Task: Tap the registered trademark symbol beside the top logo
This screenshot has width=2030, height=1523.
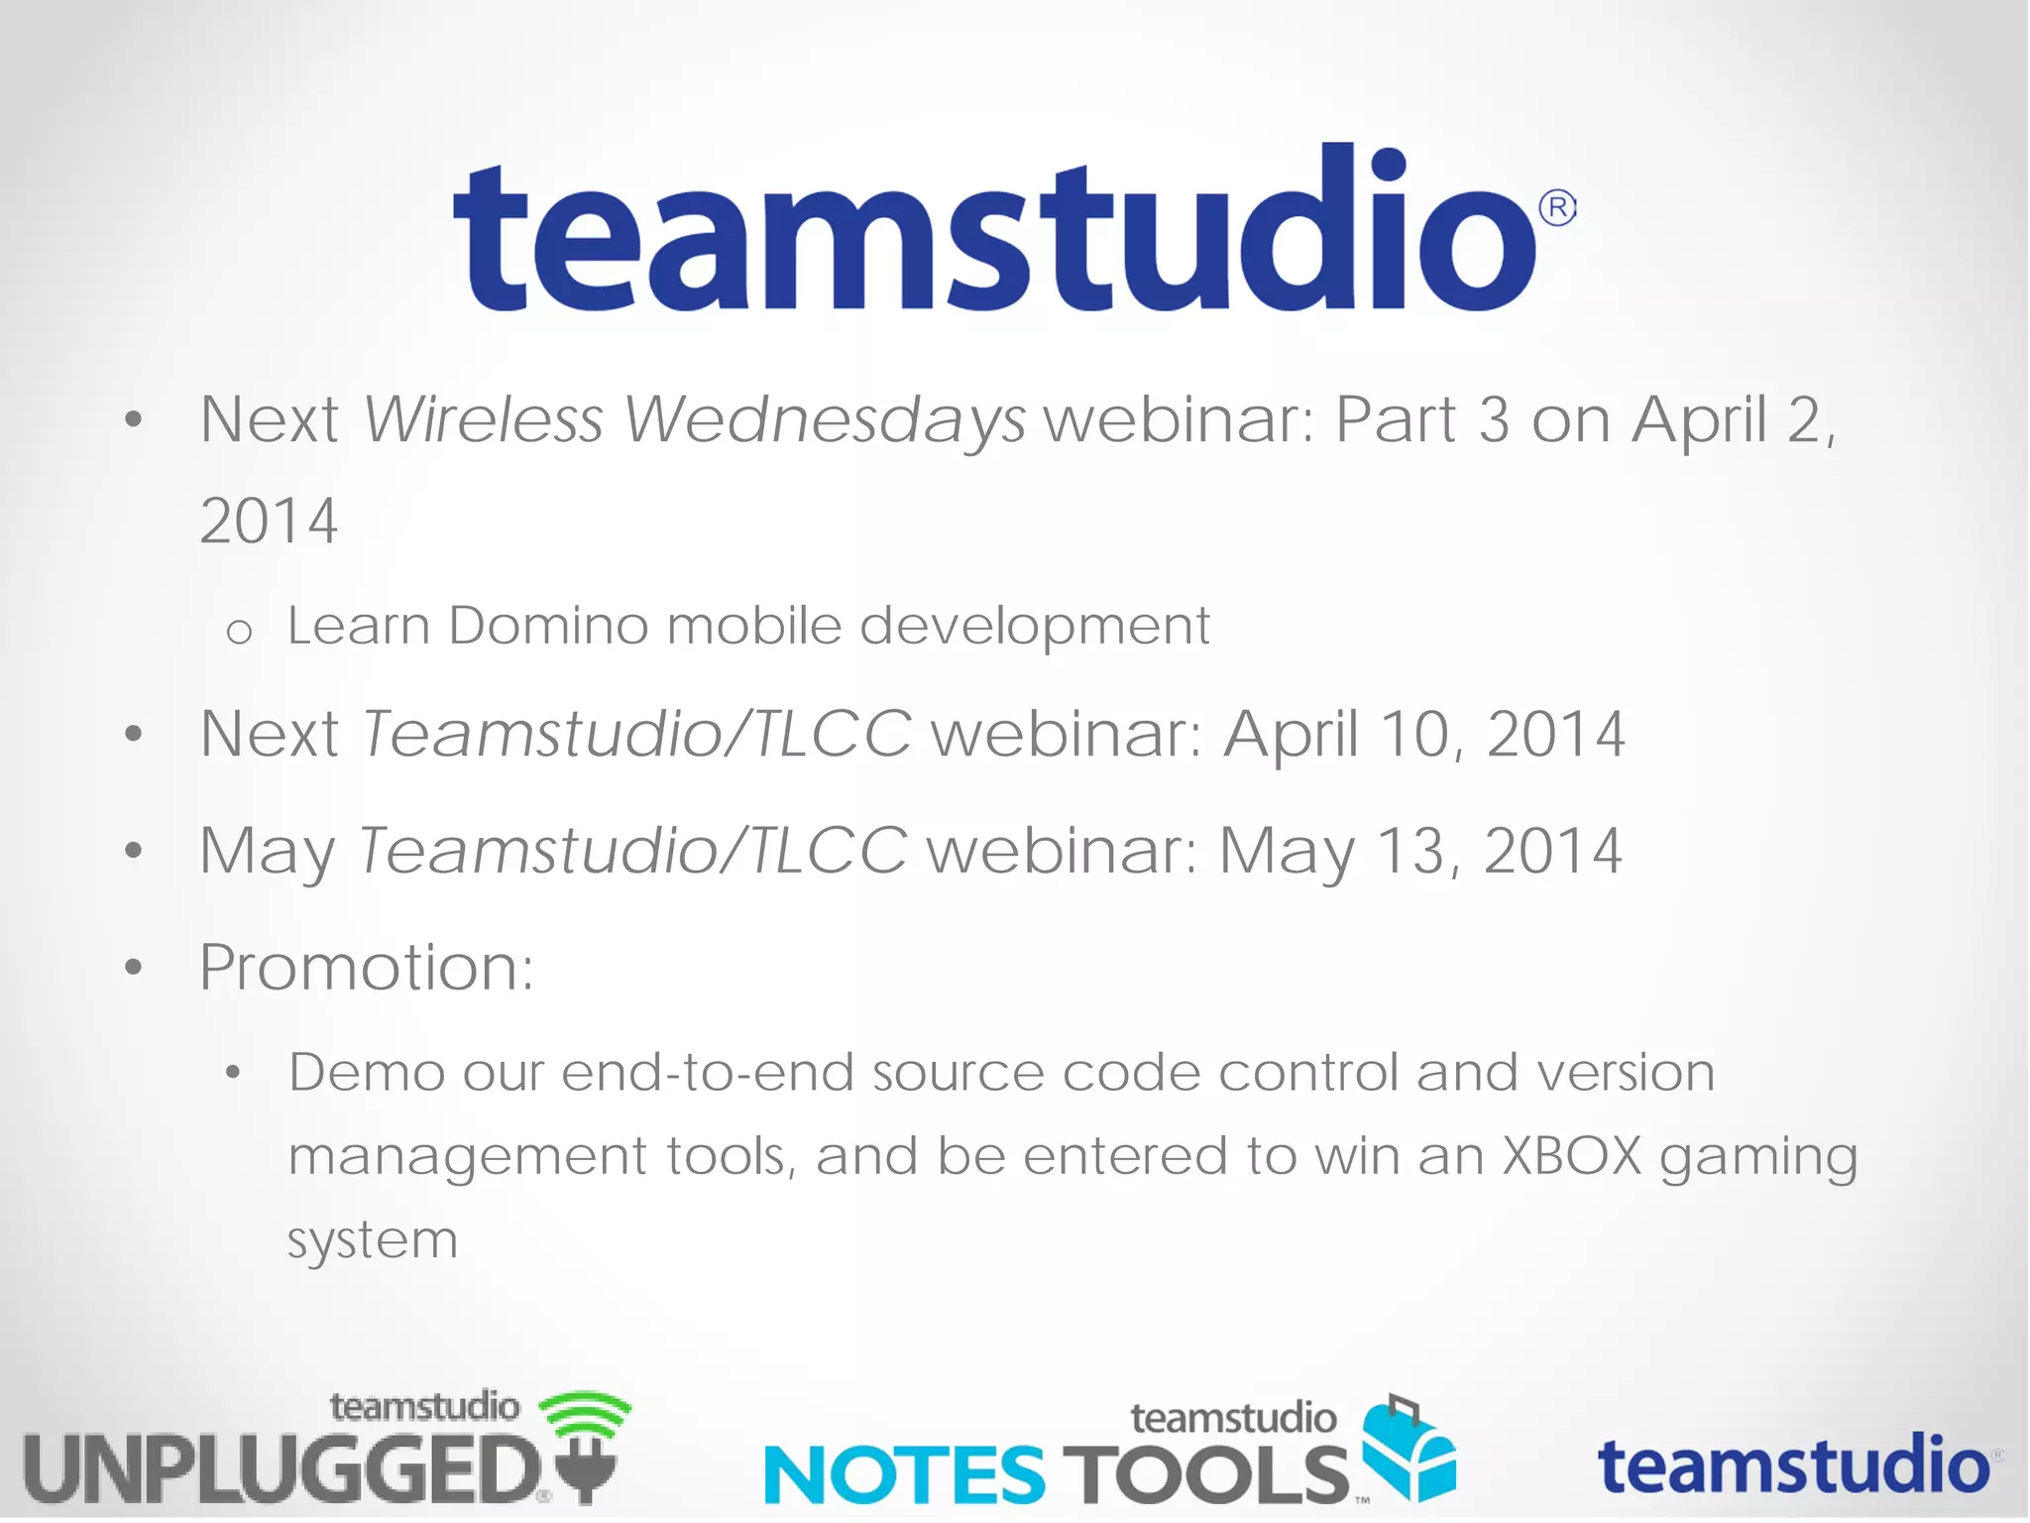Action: [x=1557, y=208]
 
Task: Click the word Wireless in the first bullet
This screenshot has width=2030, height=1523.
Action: [x=484, y=419]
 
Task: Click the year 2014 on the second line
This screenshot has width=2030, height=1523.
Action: [x=269, y=522]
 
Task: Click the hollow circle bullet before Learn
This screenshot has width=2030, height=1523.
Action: [x=239, y=632]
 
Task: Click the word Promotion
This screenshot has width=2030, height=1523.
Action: [x=366, y=968]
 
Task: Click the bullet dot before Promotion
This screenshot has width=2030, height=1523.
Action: [x=134, y=968]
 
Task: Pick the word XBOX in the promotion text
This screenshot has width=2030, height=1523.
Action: [x=1572, y=1156]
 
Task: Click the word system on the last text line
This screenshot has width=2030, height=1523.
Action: [x=373, y=1239]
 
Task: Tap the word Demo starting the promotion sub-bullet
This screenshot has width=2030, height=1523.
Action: [x=367, y=1073]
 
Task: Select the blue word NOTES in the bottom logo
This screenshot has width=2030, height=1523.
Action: [x=904, y=1474]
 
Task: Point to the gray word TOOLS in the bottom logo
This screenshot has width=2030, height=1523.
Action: [x=1204, y=1474]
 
